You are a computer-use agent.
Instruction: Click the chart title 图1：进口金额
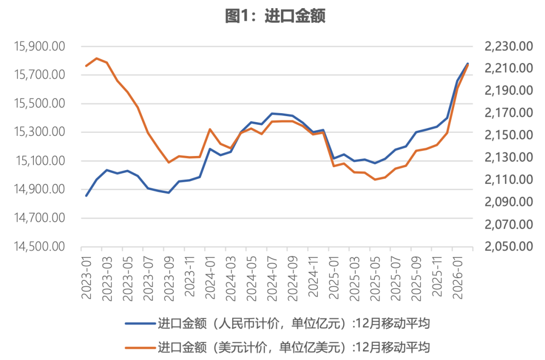[x=275, y=16]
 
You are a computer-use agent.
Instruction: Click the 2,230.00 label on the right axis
[x=509, y=46]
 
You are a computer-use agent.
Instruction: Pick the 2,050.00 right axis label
[x=509, y=247]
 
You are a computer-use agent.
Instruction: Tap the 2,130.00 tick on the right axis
[x=509, y=158]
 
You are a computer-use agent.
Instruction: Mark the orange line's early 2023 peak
[x=96, y=58]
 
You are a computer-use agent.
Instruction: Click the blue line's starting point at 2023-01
[x=86, y=196]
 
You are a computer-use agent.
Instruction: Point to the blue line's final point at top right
[x=468, y=64]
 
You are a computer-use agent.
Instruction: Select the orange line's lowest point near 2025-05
[x=375, y=179]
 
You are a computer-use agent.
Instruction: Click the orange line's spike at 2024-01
[x=210, y=129]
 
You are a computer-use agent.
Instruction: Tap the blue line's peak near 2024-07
[x=272, y=114]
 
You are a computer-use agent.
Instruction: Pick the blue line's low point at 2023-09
[x=169, y=193]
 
